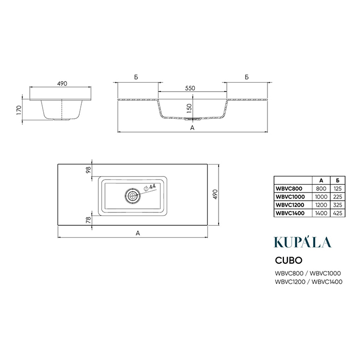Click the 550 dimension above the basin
(190, 88)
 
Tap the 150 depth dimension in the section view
(189, 109)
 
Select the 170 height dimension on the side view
(19, 110)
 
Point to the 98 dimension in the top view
(88, 170)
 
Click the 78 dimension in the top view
(88, 220)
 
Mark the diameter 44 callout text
(150, 187)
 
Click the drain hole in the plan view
(133, 196)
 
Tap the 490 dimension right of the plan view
(215, 194)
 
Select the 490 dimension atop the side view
(62, 83)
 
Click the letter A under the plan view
(138, 233)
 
